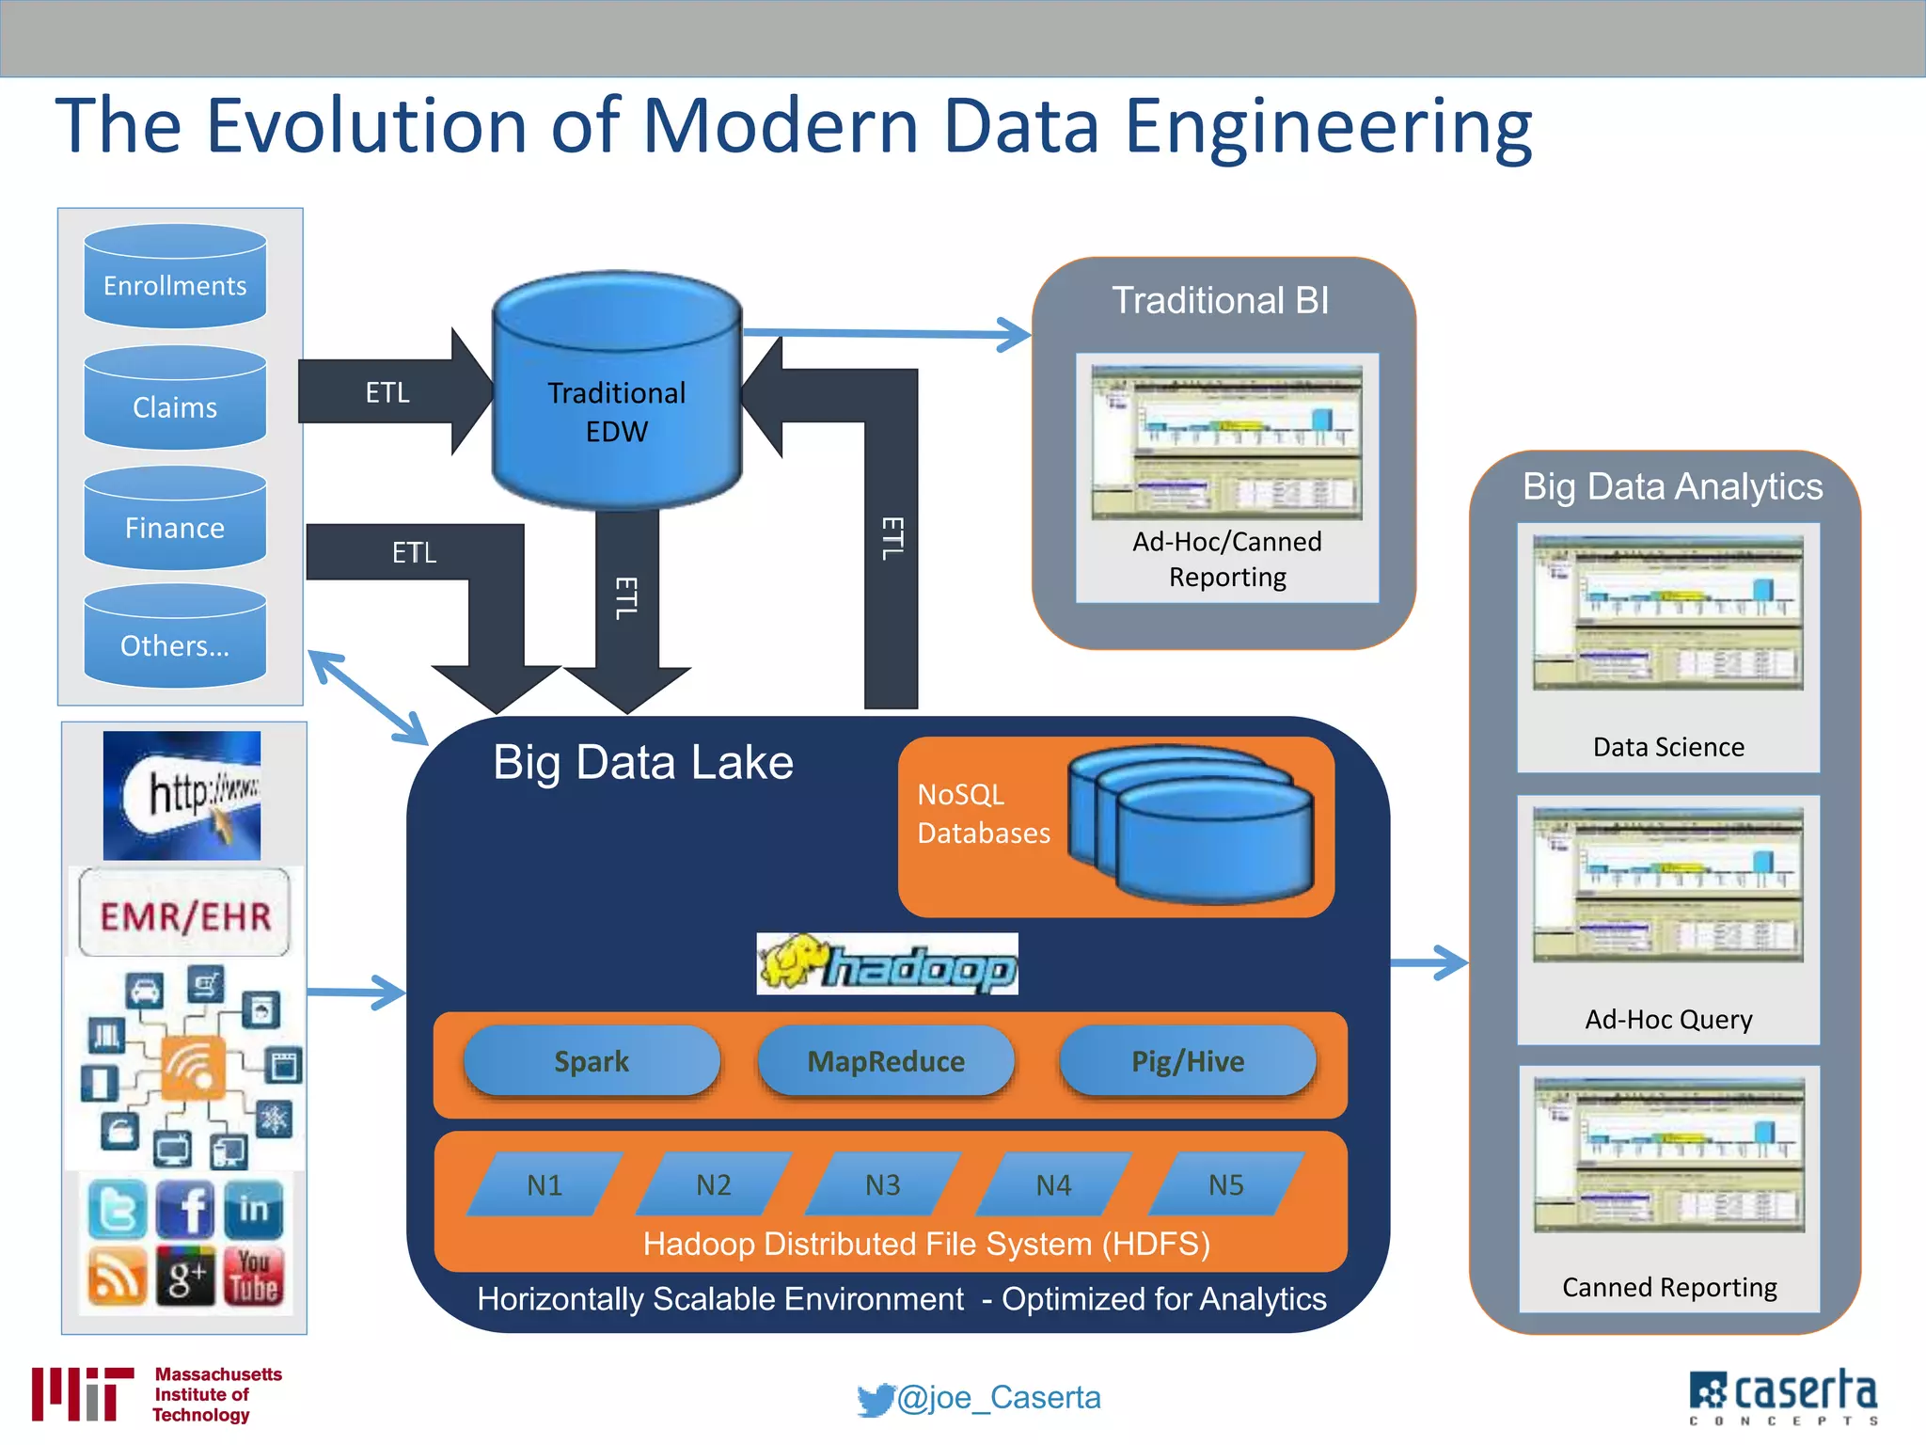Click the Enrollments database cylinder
175,278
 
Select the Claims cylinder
175,400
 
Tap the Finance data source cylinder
175,520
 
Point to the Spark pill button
592,1061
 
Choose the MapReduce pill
886,1061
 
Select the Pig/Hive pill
1188,1061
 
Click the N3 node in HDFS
882,1184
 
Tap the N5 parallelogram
1225,1184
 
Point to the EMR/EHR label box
185,914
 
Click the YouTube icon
254,1277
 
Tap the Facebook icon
186,1209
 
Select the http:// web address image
182,796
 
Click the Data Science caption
1668,747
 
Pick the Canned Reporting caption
1669,1287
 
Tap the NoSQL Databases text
983,814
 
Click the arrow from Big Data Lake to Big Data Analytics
1429,962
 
